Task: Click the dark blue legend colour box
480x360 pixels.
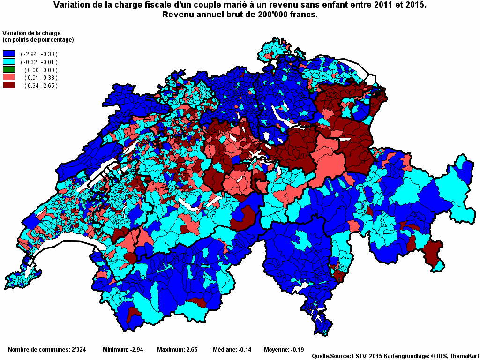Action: tap(9, 54)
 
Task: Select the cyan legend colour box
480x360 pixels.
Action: tap(9, 62)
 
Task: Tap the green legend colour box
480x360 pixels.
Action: tap(9, 70)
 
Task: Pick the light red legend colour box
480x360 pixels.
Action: tap(9, 77)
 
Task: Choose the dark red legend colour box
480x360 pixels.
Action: tap(9, 85)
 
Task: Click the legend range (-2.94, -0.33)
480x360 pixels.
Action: tap(39, 54)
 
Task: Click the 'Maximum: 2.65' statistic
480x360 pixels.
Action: tap(177, 349)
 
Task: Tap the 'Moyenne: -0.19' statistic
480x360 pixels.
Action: tap(284, 349)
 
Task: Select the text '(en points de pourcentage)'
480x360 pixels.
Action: tap(38, 40)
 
